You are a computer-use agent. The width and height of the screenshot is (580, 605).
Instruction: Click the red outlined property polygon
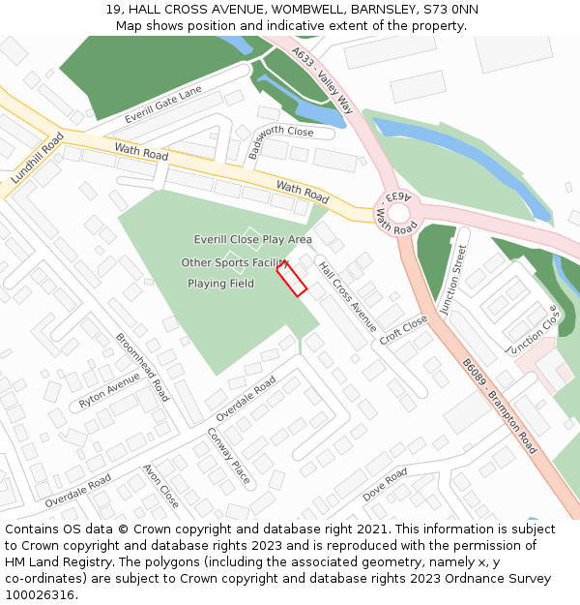[292, 278]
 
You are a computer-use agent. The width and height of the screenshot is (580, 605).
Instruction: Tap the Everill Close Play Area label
[252, 239]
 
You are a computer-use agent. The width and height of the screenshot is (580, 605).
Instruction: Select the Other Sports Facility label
[235, 262]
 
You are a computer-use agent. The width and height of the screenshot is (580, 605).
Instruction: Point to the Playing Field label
[220, 284]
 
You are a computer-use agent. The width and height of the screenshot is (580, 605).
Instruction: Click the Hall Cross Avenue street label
[347, 297]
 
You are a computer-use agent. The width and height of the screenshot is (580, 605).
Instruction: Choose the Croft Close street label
[403, 330]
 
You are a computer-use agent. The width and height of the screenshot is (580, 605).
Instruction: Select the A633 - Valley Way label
[322, 83]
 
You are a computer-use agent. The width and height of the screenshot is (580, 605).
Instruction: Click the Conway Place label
[228, 456]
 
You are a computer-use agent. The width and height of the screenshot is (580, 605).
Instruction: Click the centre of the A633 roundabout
[399, 211]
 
